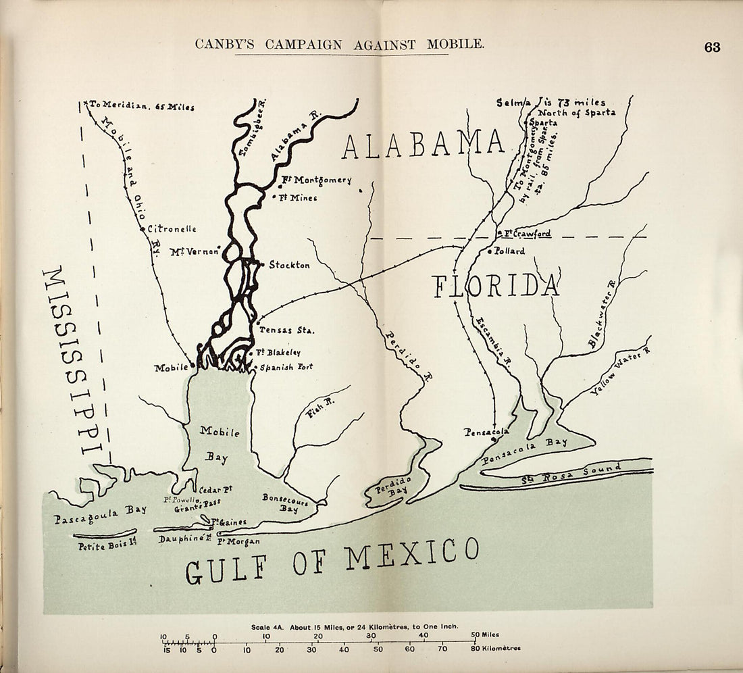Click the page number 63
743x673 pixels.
[x=712, y=47]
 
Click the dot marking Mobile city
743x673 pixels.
[x=193, y=366]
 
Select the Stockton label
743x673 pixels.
[x=289, y=266]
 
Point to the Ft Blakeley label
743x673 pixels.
[x=278, y=353]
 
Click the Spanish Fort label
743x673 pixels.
[x=286, y=367]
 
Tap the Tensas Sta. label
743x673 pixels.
[x=287, y=330]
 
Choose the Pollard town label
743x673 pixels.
[x=509, y=251]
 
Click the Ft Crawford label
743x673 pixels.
[x=528, y=234]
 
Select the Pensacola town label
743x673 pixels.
[x=486, y=432]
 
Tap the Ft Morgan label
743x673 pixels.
[x=238, y=541]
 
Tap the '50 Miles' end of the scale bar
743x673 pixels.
[x=486, y=634]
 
